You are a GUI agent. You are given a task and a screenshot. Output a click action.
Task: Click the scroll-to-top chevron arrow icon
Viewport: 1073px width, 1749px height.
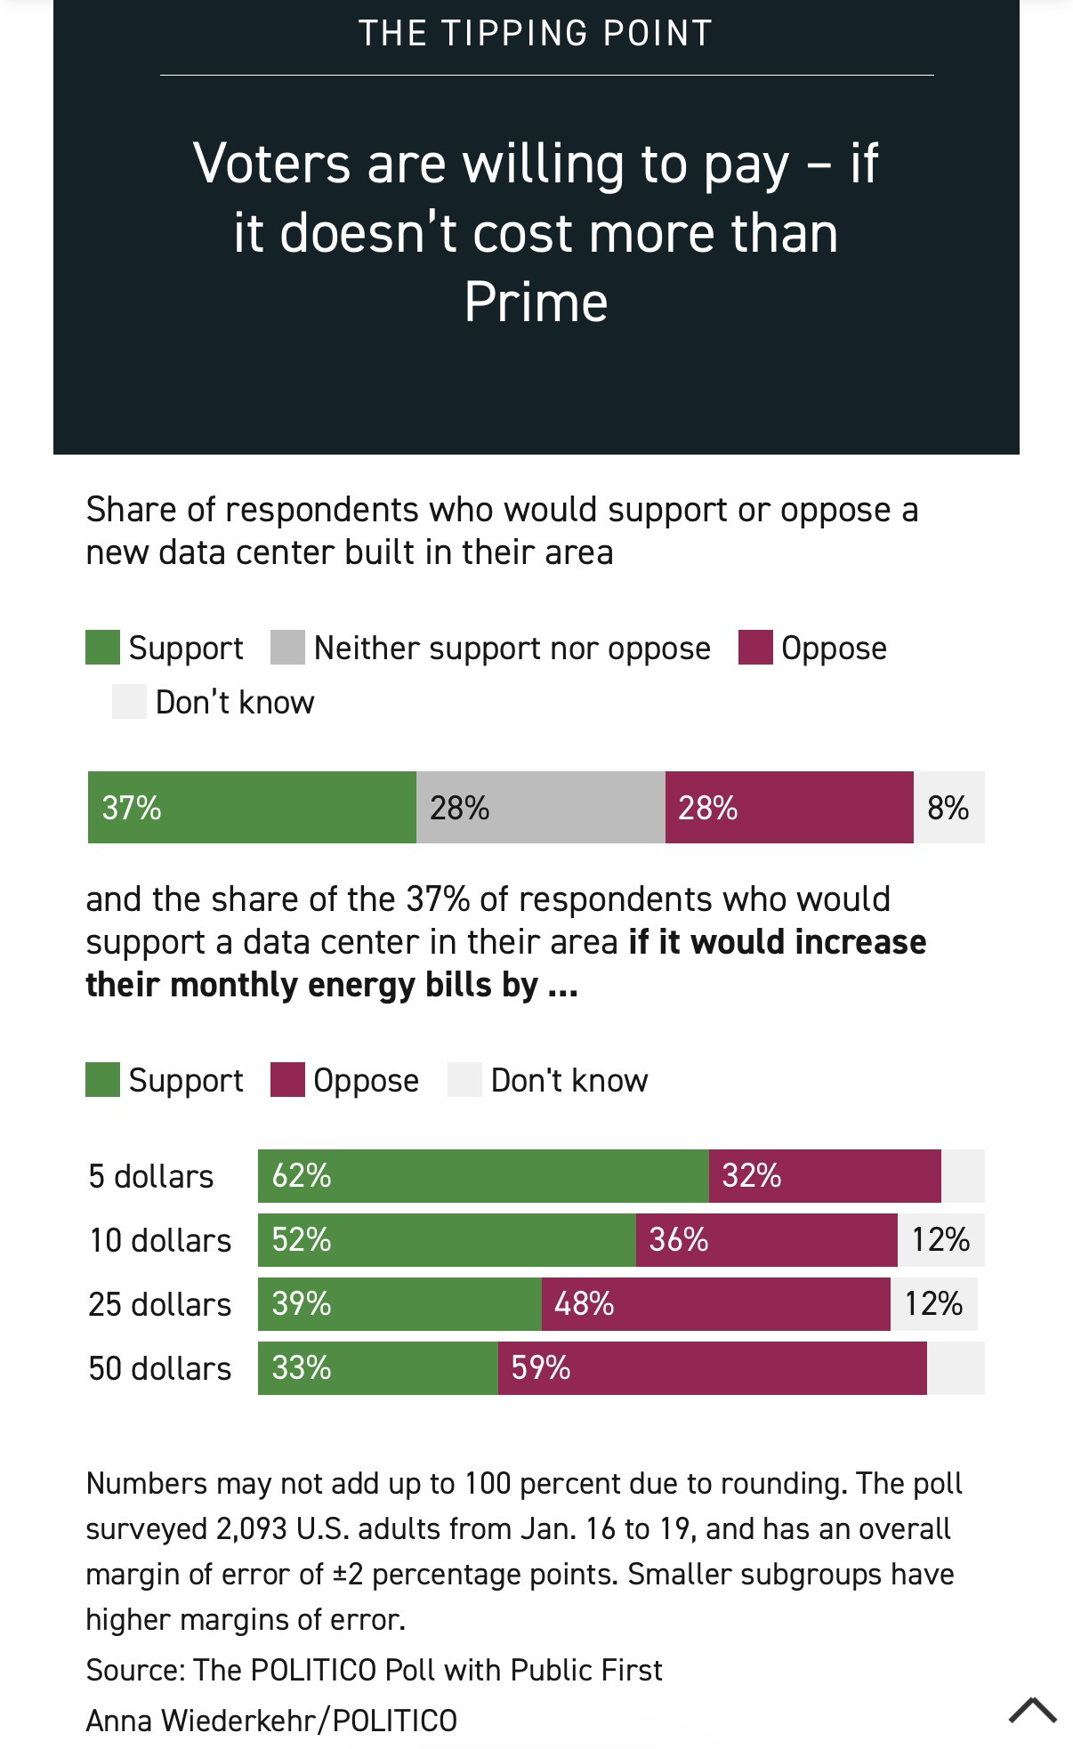[x=1033, y=1709]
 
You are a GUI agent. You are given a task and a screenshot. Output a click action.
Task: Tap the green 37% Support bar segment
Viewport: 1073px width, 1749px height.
[x=252, y=807]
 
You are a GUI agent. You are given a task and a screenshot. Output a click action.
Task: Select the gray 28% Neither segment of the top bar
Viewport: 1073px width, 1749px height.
[x=540, y=807]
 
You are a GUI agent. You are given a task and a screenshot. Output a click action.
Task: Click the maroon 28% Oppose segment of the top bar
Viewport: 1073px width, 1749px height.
[x=788, y=807]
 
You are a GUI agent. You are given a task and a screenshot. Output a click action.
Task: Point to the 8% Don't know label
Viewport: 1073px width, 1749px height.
[x=948, y=808]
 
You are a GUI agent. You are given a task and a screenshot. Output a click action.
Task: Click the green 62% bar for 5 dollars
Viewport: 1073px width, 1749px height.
[x=483, y=1176]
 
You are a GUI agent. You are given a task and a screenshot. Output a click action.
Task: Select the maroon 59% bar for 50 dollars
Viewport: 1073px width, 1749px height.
[x=712, y=1368]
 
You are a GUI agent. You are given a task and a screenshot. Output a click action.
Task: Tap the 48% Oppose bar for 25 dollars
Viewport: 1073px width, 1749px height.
[x=715, y=1304]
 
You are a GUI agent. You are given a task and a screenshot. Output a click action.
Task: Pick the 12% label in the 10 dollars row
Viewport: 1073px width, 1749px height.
[x=940, y=1240]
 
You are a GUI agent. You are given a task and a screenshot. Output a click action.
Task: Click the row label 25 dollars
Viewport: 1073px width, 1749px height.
[x=160, y=1304]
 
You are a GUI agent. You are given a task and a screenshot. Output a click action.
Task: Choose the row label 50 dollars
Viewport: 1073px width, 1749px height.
[x=160, y=1368]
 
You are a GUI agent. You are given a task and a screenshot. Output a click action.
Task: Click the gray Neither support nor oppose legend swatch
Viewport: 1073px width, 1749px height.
[x=287, y=648]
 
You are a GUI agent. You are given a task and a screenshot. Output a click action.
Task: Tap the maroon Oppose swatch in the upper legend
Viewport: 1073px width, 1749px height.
[x=755, y=648]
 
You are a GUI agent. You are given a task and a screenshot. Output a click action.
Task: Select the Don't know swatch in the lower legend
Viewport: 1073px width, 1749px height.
[x=464, y=1080]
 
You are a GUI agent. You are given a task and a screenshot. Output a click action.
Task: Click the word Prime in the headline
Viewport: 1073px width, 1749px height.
[x=536, y=302]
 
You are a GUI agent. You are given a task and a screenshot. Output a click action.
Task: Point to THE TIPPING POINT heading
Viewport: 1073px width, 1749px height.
[x=536, y=33]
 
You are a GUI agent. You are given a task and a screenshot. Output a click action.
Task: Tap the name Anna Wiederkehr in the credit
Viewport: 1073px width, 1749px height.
[x=205, y=1721]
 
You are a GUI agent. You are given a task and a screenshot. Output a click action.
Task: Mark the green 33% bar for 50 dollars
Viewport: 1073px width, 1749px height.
[x=378, y=1368]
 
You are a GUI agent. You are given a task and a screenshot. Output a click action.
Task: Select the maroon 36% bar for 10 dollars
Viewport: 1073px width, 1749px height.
[x=766, y=1240]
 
